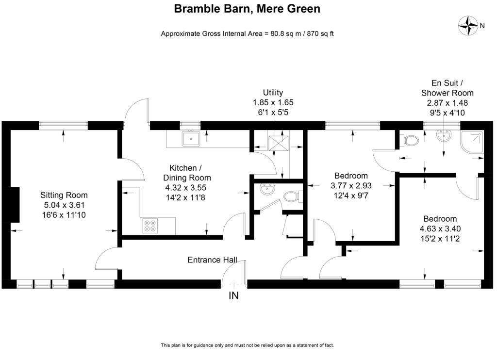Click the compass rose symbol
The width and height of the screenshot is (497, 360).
point(468,25)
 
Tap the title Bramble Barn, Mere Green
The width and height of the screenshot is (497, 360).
point(247,9)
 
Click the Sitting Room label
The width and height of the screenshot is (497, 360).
point(64,195)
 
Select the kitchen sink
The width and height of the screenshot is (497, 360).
point(191,139)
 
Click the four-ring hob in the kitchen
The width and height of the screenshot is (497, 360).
point(150,226)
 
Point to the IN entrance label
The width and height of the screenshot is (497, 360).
point(233,295)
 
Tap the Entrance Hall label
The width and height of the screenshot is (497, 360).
point(212,260)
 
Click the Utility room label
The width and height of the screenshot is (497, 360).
point(273,93)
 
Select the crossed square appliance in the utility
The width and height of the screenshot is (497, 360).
point(278,143)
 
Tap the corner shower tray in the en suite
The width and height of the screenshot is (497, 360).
point(472,142)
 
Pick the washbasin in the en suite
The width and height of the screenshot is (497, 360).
point(444,136)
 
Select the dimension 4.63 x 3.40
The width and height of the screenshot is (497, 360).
point(440,229)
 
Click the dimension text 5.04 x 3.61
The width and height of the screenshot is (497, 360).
point(64,205)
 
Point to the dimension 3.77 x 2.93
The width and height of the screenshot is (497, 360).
point(351,185)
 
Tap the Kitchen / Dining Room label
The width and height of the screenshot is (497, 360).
point(187,173)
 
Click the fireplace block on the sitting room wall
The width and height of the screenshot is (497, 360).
point(15,205)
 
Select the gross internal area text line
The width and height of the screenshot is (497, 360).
point(247,33)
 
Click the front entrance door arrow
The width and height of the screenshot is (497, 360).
point(233,283)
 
